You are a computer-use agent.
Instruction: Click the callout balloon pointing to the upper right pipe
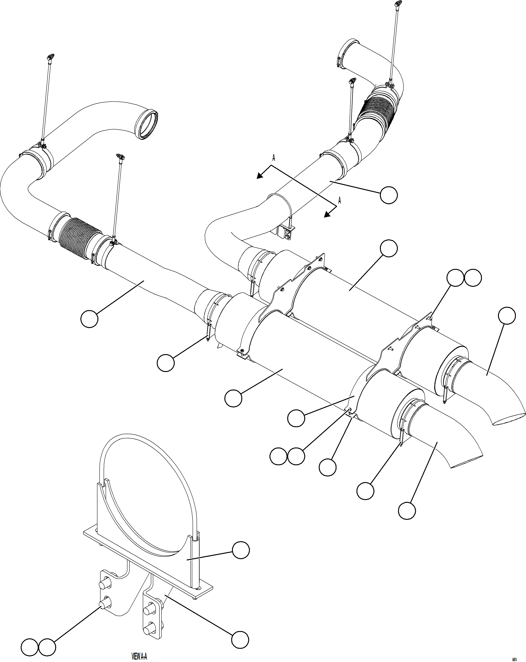pyautogui.click(x=389, y=195)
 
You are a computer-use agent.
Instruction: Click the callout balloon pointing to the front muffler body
pyautogui.click(x=233, y=399)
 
